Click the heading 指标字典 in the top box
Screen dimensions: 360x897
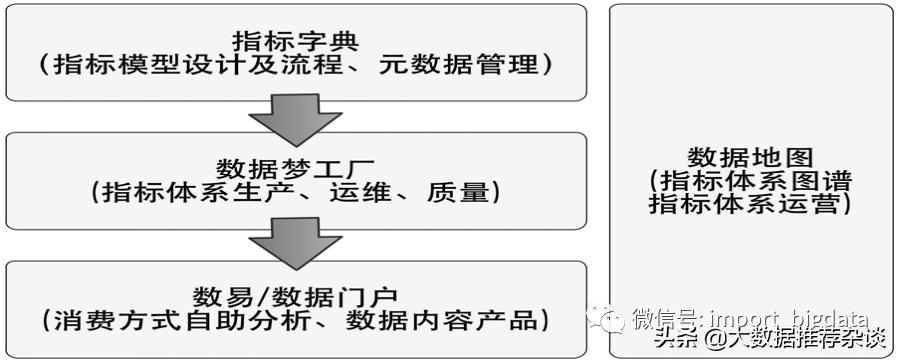[295, 40]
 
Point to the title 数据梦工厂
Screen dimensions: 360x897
[295, 166]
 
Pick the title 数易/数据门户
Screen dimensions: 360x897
[295, 296]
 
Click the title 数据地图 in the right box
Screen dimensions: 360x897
[751, 158]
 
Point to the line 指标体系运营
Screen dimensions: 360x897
[751, 205]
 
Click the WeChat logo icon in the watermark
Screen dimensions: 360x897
[607, 319]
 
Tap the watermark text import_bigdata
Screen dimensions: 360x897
[788, 319]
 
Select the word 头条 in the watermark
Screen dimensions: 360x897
[676, 341]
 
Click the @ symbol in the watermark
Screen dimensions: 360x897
[714, 341]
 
